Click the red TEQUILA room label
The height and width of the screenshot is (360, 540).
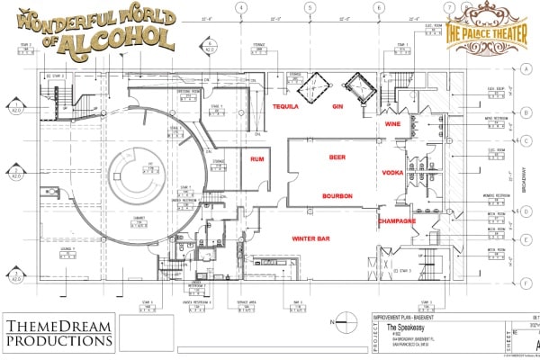286,106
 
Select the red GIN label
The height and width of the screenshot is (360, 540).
338,106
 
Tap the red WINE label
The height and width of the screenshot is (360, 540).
393,122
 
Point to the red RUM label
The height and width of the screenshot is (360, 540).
256,160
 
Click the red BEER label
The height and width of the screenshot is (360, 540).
337,157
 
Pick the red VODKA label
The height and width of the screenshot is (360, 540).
393,171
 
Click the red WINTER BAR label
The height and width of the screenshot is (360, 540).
310,238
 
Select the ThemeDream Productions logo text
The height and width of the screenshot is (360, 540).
58,332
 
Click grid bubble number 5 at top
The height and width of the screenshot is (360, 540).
310,8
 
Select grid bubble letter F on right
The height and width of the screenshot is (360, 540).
525,282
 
